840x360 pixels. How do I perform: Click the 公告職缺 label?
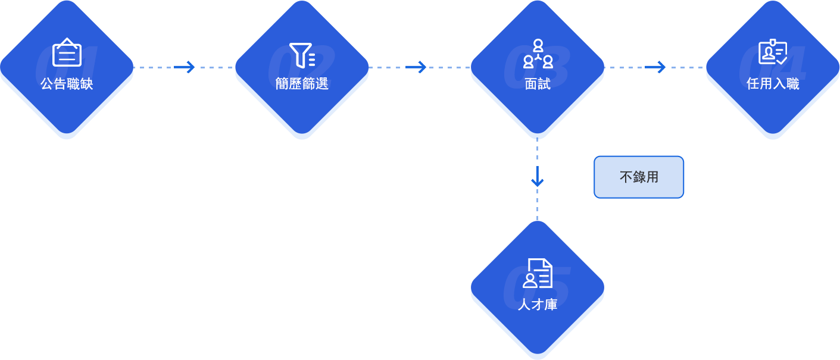pos(67,84)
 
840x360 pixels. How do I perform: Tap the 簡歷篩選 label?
pos(302,84)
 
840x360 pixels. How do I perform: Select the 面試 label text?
pos(538,84)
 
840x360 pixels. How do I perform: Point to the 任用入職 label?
pos(773,84)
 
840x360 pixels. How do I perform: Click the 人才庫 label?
pos(538,304)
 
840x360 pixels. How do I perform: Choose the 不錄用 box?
pos(639,177)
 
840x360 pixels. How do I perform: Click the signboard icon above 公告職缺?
pos(67,52)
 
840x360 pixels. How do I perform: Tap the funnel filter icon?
pos(302,55)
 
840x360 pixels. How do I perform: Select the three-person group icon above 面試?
pos(538,54)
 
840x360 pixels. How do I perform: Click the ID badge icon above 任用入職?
pos(773,51)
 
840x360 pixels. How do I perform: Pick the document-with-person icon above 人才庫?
pos(538,273)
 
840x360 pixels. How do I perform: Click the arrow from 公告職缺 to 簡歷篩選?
pos(184,67)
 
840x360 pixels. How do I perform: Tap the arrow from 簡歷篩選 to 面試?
pos(416,67)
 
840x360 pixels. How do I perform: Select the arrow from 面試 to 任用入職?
pos(655,67)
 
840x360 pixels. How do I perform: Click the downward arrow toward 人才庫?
pos(538,176)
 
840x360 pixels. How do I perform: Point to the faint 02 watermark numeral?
pos(301,61)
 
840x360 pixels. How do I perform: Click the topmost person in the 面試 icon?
pos(538,45)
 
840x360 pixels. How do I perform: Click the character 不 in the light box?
pos(626,177)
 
